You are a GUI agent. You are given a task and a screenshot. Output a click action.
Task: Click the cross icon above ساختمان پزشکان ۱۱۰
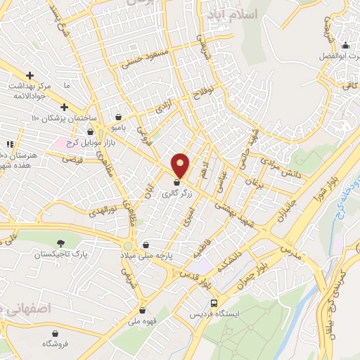(64, 107)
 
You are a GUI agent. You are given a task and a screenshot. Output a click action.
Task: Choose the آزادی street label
(163, 106)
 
